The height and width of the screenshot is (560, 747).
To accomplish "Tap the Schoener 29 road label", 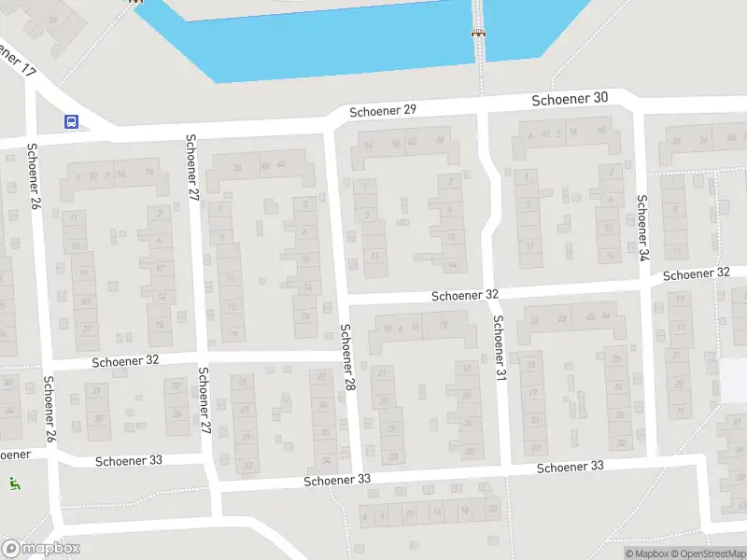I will [383, 110].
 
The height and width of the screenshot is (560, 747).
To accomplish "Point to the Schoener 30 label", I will [570, 98].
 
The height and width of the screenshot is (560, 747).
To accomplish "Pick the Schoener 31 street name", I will [500, 347].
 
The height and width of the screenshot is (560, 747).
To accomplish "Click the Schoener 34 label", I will [642, 226].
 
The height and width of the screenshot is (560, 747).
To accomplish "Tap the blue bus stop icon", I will [72, 121].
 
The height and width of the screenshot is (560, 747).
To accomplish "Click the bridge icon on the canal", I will [478, 33].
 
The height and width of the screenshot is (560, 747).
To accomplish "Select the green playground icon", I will [15, 483].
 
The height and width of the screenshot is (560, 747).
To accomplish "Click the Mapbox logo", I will [41, 549].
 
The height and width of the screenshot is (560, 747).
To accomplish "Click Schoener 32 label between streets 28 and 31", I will [464, 295].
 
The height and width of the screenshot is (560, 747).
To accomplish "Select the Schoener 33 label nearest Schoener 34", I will [570, 467].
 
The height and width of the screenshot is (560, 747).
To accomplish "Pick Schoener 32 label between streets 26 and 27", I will [126, 360].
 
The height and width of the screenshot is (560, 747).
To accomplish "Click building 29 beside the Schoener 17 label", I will [53, 19].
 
